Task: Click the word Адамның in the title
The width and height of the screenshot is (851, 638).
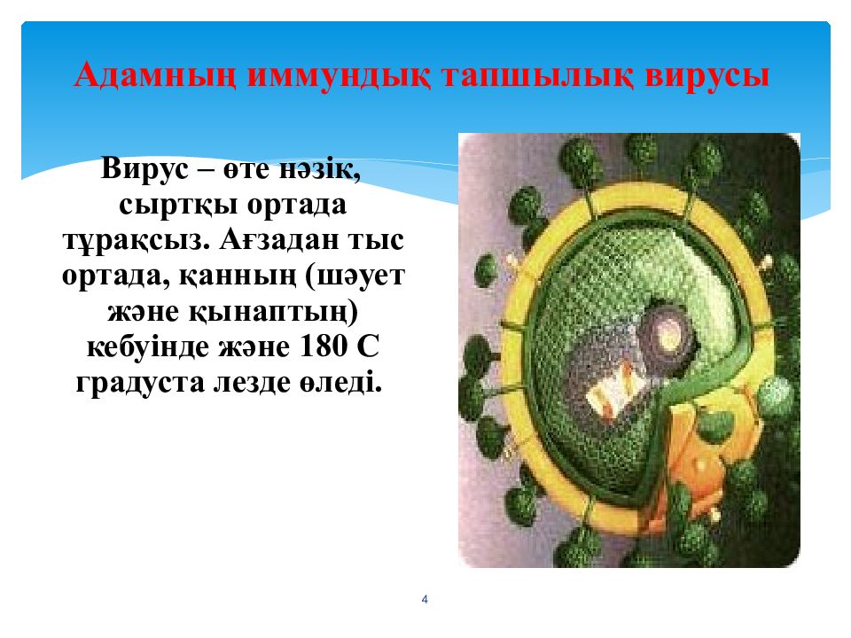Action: [x=155, y=75]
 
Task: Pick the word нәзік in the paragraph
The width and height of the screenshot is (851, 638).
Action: [x=319, y=168]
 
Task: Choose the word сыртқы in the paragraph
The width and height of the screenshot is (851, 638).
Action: [x=178, y=205]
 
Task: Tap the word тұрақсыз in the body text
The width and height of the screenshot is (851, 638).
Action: [x=136, y=240]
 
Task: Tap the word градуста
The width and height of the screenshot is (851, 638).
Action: [x=140, y=383]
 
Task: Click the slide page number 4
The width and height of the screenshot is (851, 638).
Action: [x=425, y=600]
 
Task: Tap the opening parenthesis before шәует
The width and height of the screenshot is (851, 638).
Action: [x=311, y=276]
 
